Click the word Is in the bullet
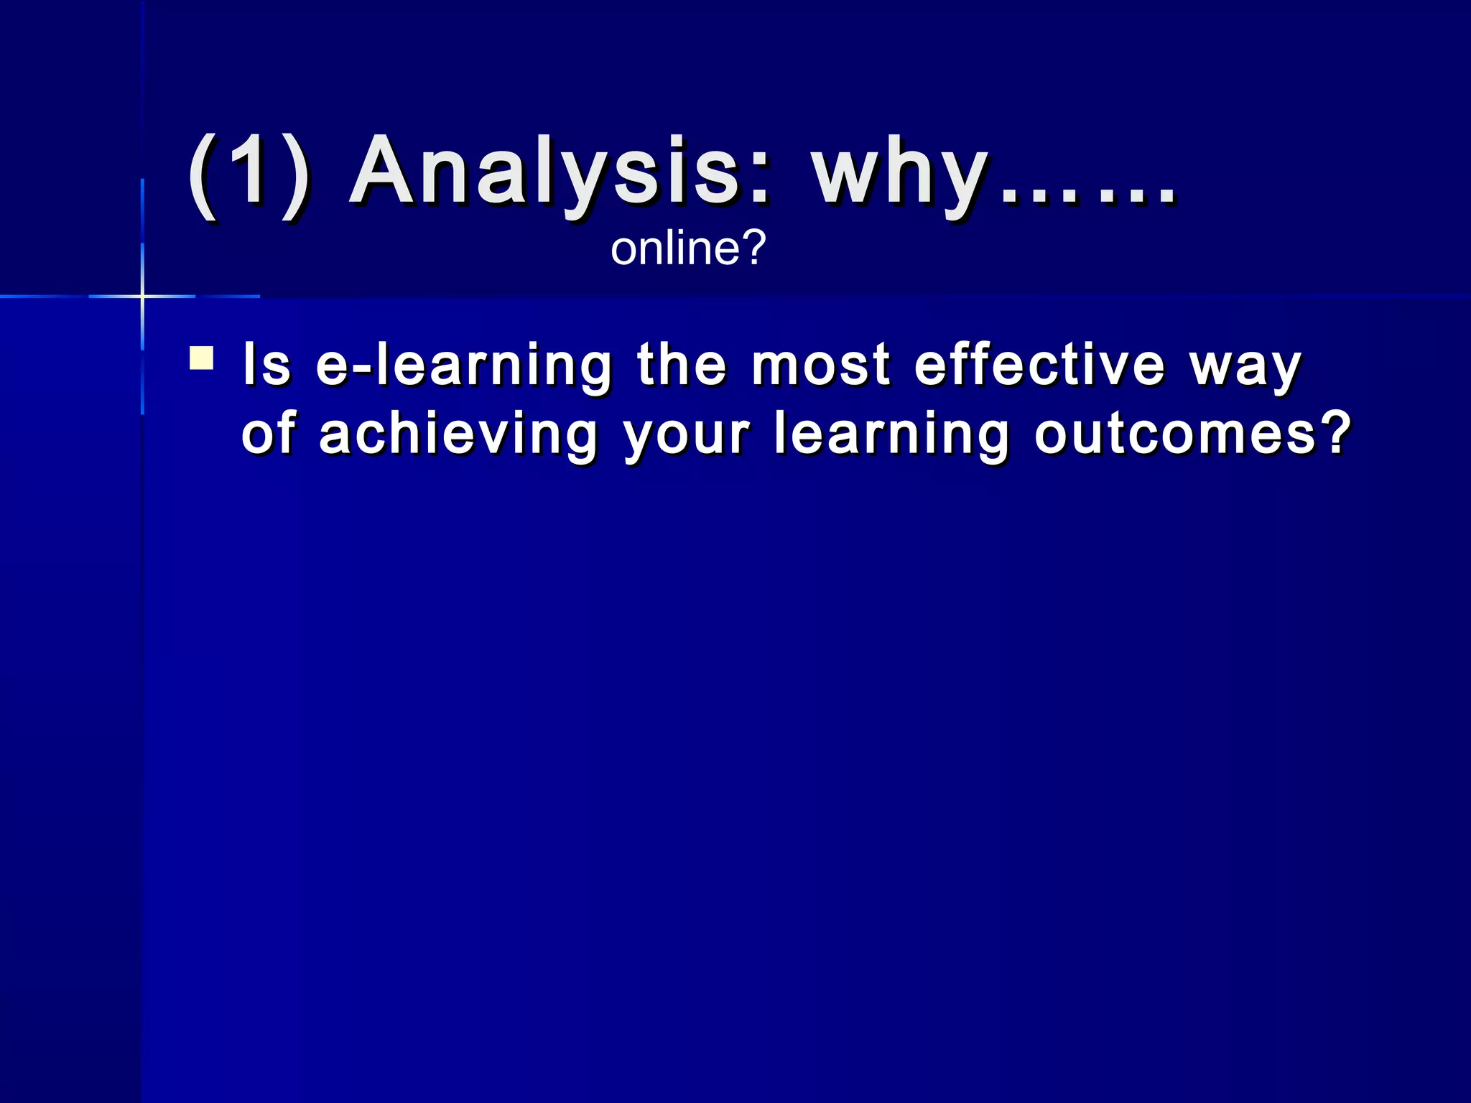pos(266,365)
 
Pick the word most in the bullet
pos(821,365)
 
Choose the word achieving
pos(458,435)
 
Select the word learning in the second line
pos(891,435)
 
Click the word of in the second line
pos(268,434)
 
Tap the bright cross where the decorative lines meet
pos(142,296)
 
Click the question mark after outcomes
pos(1337,433)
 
